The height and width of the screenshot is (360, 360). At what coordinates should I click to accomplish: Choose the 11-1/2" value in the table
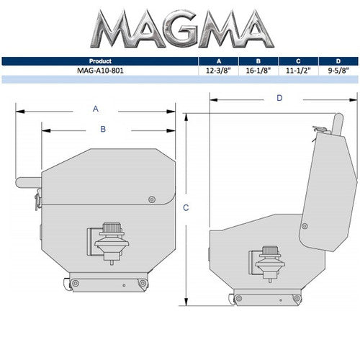296,71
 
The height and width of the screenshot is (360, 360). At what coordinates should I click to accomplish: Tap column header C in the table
296,62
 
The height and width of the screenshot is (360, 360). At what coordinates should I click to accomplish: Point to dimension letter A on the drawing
95,109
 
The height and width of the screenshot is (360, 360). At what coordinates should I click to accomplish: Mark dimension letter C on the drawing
186,208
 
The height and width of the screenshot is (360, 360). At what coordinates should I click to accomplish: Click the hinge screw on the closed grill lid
150,199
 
